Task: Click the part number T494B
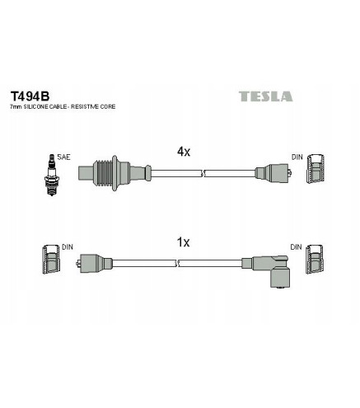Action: point(30,96)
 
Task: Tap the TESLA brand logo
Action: point(265,96)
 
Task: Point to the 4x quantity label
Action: point(184,152)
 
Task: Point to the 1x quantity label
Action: point(183,242)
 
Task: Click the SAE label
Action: point(63,157)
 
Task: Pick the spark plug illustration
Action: point(51,175)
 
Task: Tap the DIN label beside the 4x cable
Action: point(297,157)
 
